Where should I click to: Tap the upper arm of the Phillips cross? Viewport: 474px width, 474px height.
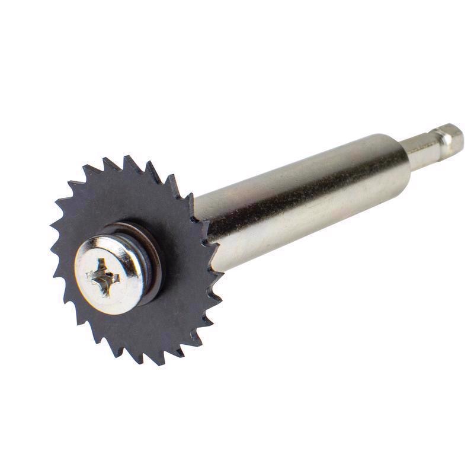(107, 264)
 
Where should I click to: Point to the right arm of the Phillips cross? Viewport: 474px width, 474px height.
(117, 277)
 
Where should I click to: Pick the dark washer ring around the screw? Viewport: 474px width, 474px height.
(155, 261)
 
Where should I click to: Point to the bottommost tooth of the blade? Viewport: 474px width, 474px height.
(142, 362)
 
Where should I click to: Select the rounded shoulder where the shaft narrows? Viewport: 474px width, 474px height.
(403, 154)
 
